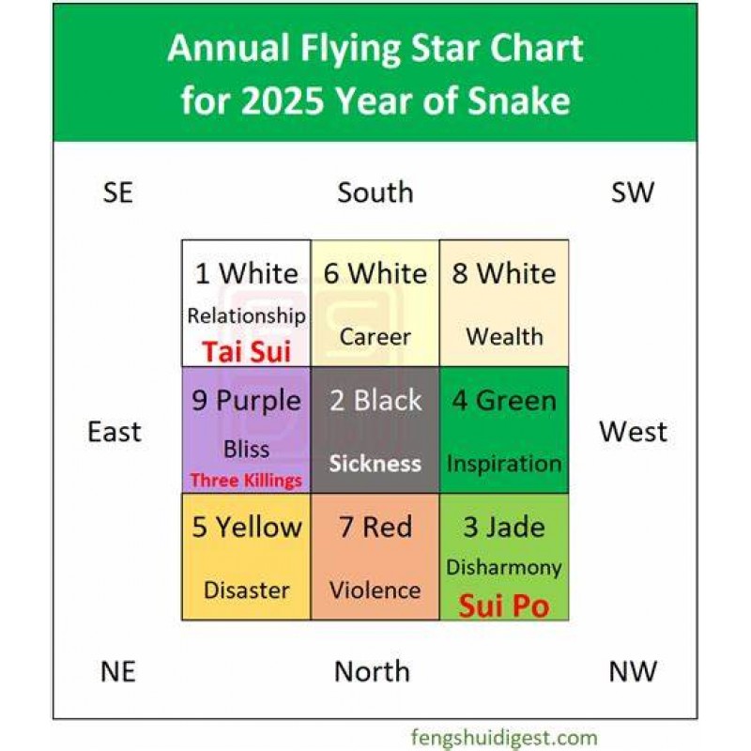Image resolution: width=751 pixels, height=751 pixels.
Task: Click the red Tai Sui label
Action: click(x=247, y=351)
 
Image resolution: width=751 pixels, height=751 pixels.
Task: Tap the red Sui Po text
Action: click(x=504, y=606)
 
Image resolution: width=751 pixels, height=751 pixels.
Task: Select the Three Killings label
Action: click(x=246, y=480)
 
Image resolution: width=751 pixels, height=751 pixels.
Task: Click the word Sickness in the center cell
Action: click(x=375, y=464)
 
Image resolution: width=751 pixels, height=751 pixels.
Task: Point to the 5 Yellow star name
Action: click(x=247, y=527)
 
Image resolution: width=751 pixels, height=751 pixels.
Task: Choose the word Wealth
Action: click(x=504, y=337)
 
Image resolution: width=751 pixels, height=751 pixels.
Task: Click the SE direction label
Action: click(x=118, y=192)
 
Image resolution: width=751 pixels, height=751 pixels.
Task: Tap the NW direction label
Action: click(x=632, y=671)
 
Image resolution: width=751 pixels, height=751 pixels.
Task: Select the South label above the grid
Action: click(x=375, y=192)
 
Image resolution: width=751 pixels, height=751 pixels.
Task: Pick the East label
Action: click(x=115, y=432)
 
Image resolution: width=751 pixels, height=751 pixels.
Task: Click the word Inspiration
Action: click(x=504, y=465)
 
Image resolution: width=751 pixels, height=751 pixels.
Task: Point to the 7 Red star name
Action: click(x=375, y=527)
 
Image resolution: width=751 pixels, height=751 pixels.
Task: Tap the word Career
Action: click(x=375, y=337)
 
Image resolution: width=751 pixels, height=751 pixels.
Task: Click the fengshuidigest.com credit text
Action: click(x=504, y=738)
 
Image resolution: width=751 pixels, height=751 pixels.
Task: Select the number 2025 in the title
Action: click(x=283, y=100)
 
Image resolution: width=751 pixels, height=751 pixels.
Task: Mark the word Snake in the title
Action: click(x=519, y=100)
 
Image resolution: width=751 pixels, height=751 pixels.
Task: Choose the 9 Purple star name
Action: click(x=246, y=402)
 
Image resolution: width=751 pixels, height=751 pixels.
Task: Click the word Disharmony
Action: click(x=504, y=568)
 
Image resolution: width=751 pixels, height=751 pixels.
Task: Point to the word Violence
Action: click(x=375, y=590)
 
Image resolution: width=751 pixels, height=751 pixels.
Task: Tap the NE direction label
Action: click(x=118, y=671)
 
